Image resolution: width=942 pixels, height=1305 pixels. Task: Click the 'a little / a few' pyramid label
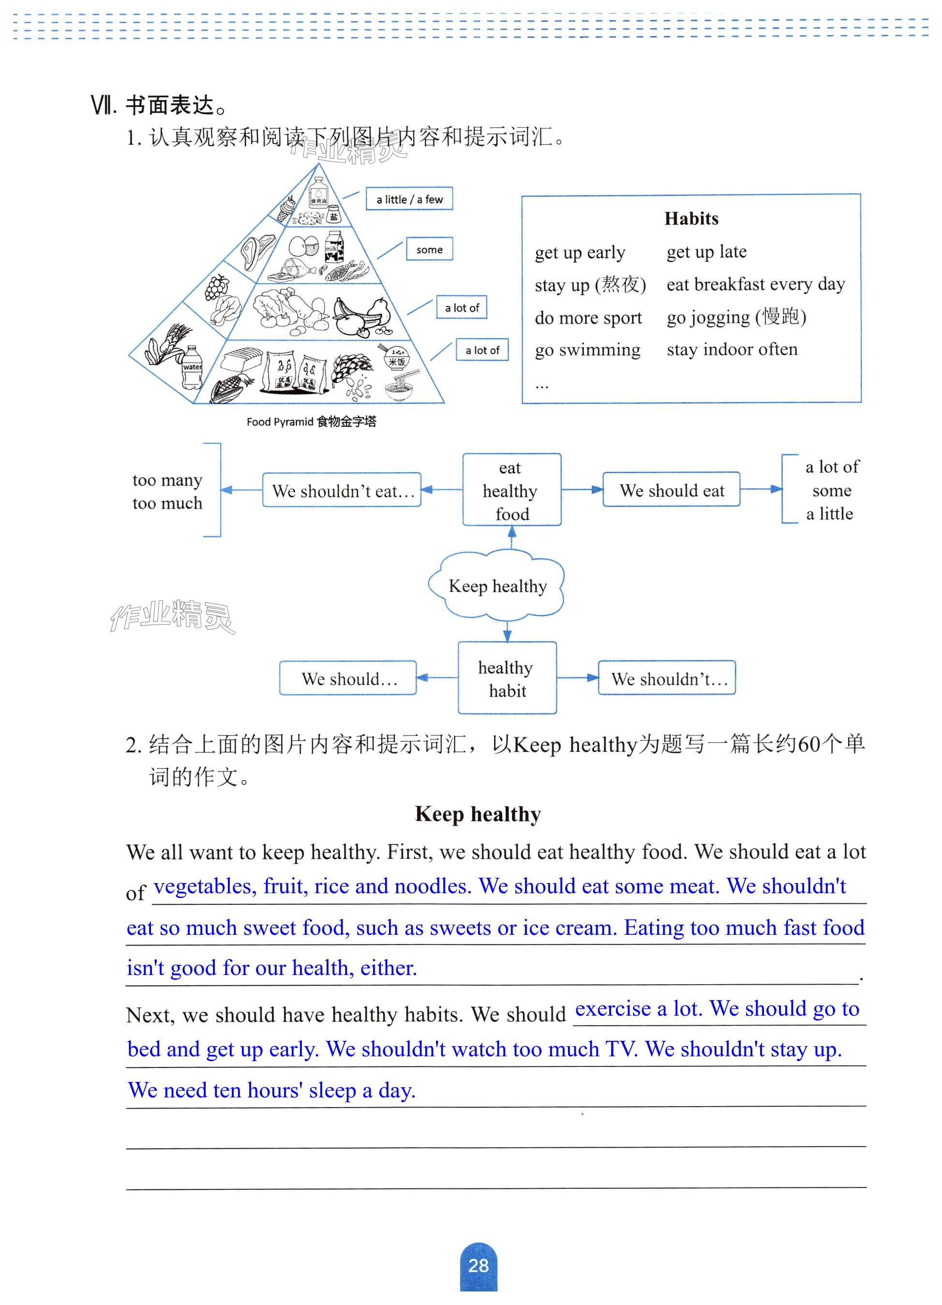(x=409, y=199)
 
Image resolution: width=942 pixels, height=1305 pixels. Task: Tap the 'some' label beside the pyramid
(x=429, y=250)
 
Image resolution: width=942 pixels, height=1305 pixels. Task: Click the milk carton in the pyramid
(x=334, y=246)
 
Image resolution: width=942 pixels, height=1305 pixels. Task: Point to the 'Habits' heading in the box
(x=691, y=219)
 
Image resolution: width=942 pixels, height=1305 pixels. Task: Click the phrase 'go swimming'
(x=587, y=350)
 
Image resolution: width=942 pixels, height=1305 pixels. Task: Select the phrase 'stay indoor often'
(x=732, y=349)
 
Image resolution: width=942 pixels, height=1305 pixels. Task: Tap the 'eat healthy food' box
(x=511, y=490)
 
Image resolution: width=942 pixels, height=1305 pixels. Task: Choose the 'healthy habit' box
(x=507, y=678)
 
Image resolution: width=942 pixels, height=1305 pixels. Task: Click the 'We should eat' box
(x=672, y=490)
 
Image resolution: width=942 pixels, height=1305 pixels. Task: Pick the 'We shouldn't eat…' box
(x=342, y=491)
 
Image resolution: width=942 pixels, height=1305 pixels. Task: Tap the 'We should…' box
(x=348, y=679)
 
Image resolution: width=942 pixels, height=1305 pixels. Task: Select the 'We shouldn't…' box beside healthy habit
(x=668, y=679)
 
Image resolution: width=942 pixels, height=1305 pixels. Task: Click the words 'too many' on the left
(x=167, y=480)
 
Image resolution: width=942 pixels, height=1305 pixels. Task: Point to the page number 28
(x=478, y=1266)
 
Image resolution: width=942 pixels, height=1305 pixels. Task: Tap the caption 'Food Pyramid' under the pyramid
(x=280, y=422)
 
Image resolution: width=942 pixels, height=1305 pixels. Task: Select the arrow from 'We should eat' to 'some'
(x=761, y=490)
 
